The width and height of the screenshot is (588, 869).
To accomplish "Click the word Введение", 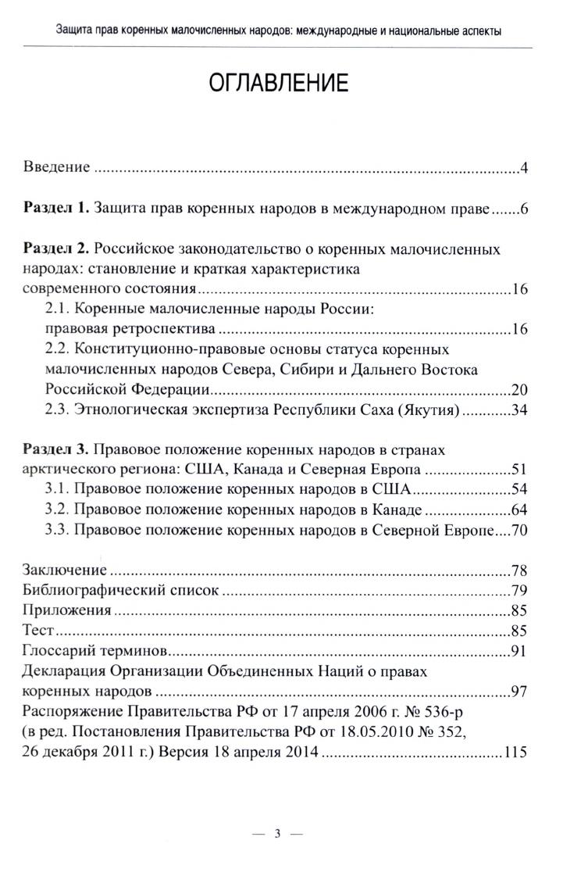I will [57, 168].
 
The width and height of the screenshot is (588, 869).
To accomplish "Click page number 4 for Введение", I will [526, 168].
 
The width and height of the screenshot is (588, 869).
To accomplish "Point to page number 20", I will [519, 390].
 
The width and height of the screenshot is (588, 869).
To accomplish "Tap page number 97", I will [519, 691].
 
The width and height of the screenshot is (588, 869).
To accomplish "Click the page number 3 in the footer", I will [278, 833].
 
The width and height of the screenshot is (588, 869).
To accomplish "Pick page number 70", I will [519, 531].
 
